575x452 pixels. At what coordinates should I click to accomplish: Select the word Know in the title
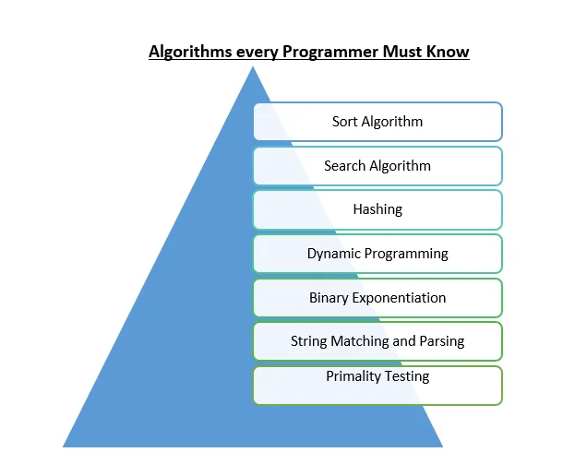click(449, 52)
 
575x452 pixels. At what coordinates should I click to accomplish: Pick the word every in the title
click(246, 52)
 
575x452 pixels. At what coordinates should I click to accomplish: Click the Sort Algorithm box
click(377, 121)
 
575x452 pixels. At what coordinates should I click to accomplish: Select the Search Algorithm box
click(377, 166)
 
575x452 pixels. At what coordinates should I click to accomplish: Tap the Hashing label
click(377, 209)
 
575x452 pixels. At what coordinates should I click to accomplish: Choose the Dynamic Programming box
click(377, 253)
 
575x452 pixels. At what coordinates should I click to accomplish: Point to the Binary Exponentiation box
click(377, 297)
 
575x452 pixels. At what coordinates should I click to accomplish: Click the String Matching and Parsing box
click(377, 341)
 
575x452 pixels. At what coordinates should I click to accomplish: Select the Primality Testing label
click(377, 376)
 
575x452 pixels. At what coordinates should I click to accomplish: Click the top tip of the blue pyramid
click(252, 67)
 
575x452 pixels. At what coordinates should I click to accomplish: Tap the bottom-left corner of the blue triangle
click(64, 446)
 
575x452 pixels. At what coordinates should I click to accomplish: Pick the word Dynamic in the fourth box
click(332, 253)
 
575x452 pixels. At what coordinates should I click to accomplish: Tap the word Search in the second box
click(344, 166)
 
